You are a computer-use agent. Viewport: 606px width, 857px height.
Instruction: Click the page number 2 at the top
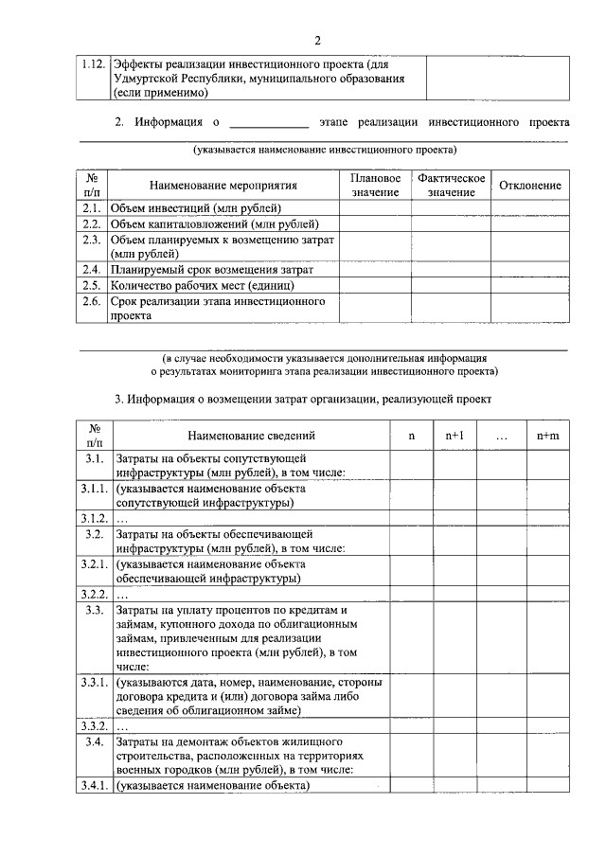click(318, 40)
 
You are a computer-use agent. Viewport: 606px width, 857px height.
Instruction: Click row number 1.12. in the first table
click(93, 63)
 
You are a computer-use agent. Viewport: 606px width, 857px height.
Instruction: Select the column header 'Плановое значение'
click(375, 186)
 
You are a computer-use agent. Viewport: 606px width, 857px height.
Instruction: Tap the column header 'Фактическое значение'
click(451, 186)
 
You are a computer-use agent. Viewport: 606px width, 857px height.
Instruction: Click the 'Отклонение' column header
click(529, 186)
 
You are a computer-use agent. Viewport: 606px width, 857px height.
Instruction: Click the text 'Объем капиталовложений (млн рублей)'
click(214, 224)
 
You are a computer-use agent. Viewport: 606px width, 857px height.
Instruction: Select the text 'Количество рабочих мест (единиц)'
click(210, 285)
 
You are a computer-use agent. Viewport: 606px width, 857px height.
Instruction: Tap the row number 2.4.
click(93, 270)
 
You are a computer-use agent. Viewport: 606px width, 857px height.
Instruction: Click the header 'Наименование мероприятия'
click(223, 186)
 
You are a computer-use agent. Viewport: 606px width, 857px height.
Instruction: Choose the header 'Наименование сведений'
click(251, 436)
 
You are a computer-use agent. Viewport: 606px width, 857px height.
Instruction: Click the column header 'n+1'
click(454, 436)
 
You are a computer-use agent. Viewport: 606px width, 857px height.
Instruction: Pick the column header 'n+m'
click(547, 436)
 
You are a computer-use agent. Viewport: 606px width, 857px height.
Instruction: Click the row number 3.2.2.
click(94, 595)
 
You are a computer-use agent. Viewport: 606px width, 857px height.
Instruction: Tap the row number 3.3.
click(94, 610)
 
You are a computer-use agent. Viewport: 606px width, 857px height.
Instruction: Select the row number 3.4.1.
click(94, 785)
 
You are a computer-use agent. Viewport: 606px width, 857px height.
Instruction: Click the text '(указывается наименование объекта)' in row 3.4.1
click(214, 785)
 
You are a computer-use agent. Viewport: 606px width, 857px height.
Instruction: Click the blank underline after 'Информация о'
click(269, 123)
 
